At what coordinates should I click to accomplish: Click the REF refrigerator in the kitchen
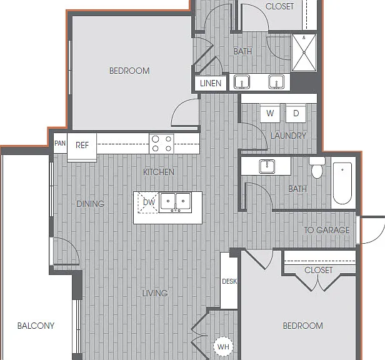82,147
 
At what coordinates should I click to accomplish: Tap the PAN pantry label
60,143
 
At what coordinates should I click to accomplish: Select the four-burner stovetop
161,144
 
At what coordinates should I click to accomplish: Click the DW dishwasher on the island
148,202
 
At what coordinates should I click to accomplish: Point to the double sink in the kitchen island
175,202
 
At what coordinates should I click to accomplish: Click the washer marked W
270,113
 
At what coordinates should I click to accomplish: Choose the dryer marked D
296,113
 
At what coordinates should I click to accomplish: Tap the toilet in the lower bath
317,167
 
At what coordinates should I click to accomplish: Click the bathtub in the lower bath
342,183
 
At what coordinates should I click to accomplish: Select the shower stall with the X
304,52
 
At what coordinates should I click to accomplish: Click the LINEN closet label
211,84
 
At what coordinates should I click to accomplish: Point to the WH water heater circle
223,346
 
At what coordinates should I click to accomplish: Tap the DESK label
229,281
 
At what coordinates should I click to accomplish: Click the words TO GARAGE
327,230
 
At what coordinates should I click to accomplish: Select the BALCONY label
36,326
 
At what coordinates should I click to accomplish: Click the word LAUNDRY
288,136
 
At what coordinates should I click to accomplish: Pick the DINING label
91,204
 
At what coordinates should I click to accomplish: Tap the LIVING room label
155,293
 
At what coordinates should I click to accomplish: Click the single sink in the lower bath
267,166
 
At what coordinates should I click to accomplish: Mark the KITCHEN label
159,172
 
